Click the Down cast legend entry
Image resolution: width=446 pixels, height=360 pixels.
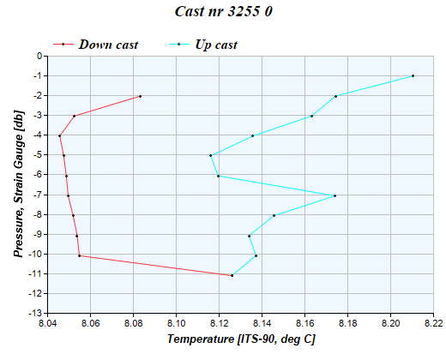point(108,44)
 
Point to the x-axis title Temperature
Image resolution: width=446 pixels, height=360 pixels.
point(241,339)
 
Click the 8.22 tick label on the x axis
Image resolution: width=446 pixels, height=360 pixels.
point(434,324)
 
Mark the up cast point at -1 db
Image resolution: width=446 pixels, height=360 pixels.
point(413,75)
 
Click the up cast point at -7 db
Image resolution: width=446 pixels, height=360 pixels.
point(334,195)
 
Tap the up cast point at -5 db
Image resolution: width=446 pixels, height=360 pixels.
point(210,155)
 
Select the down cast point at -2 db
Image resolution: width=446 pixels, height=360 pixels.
point(140,96)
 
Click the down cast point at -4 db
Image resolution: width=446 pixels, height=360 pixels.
point(59,135)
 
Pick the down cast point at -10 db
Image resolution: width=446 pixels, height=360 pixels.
point(79,255)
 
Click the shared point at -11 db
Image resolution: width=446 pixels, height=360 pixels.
point(232,275)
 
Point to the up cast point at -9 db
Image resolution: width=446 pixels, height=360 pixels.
point(249,236)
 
